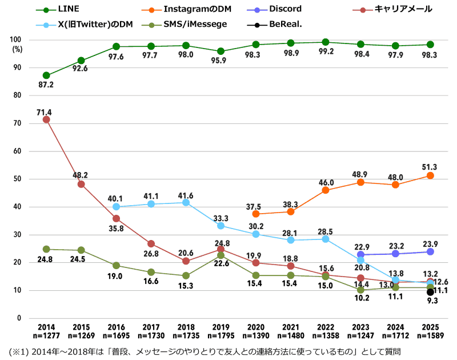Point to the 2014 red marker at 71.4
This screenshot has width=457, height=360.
[x=46, y=119]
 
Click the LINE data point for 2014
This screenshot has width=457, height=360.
[x=46, y=75]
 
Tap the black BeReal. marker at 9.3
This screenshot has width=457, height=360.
[x=430, y=292]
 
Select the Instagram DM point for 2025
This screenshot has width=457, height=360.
[x=430, y=175]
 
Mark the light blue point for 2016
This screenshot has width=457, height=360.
[x=116, y=207]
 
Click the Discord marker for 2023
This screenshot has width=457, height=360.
[x=360, y=255]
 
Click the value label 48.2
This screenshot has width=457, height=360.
[x=81, y=175]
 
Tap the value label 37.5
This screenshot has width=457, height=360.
[x=256, y=206]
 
